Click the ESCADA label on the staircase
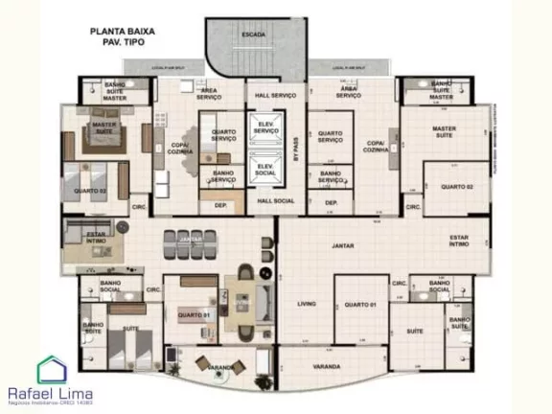coord(254,34)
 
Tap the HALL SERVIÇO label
coord(276,96)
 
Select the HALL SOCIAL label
coord(276,202)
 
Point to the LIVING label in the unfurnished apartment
coord(307,304)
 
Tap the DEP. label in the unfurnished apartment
coord(332,203)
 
